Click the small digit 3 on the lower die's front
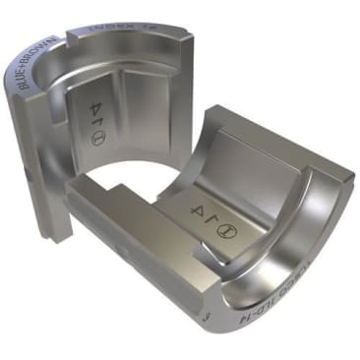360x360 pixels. tap(204, 317)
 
